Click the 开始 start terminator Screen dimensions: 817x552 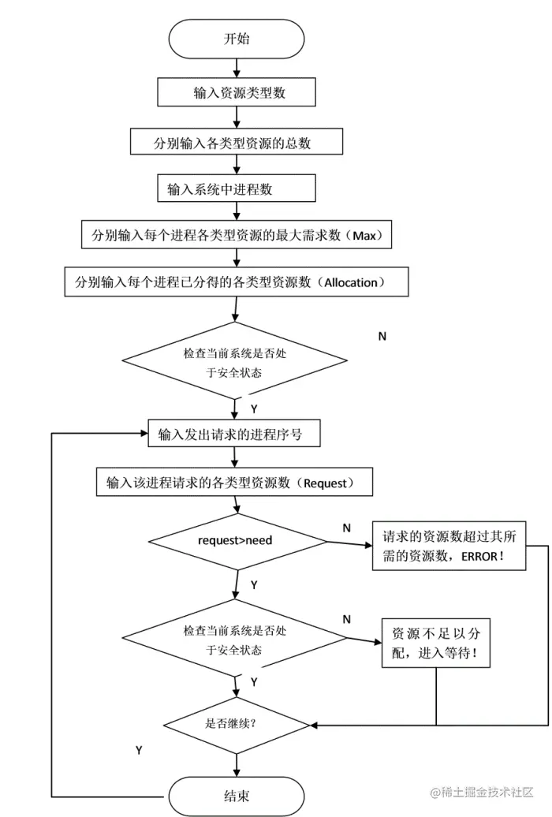237,39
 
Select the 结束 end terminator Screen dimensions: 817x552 237,796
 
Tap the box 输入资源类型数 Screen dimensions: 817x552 237,92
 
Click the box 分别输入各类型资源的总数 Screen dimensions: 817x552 237,144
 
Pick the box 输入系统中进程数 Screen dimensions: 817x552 237,189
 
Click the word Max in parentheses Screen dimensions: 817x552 364,235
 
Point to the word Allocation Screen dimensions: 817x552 351,282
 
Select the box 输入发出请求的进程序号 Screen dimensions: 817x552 233,435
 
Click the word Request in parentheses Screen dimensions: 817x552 325,483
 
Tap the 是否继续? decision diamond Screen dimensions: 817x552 237,723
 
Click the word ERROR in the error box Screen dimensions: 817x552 479,557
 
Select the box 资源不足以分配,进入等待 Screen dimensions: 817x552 435,643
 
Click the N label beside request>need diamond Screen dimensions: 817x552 347,528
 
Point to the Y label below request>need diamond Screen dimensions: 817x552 254,585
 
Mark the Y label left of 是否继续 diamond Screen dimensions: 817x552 139,750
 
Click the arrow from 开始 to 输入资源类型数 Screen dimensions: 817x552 237,69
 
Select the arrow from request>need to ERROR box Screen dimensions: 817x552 349,543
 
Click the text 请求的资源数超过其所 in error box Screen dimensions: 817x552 449,536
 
